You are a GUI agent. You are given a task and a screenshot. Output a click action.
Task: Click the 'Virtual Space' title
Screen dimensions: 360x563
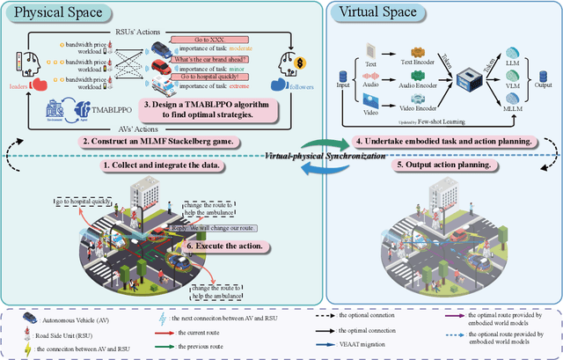click(x=381, y=13)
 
